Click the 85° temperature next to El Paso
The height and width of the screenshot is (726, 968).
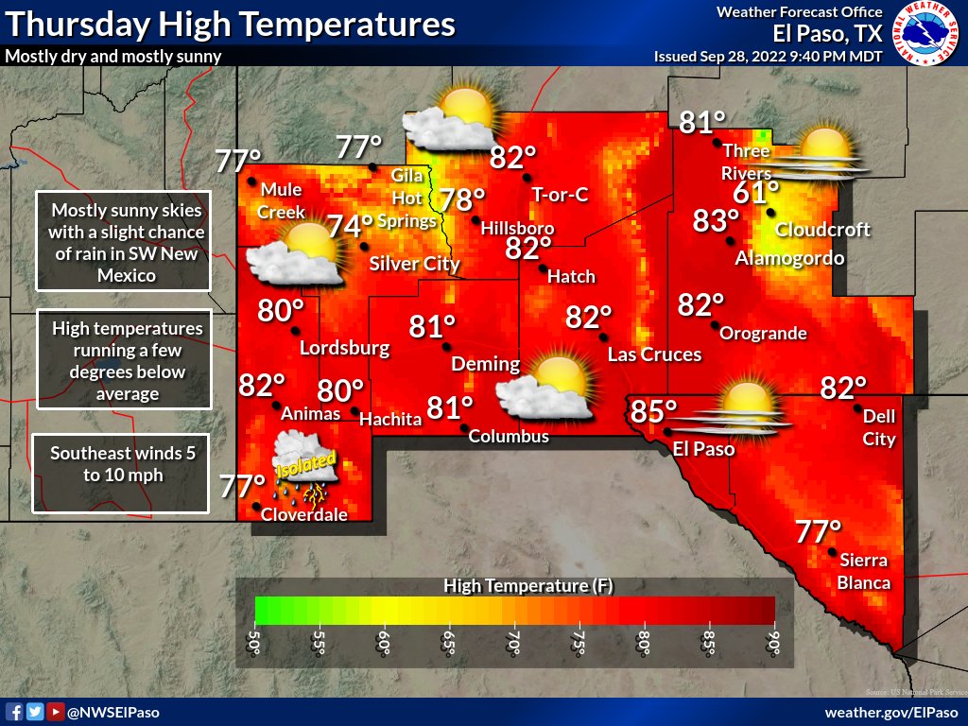click(x=654, y=412)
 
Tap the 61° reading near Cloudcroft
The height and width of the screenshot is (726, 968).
click(x=756, y=195)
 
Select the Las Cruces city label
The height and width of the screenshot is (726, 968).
click(x=654, y=354)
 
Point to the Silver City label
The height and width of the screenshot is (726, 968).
click(x=414, y=264)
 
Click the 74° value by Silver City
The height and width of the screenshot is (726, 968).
click(x=350, y=227)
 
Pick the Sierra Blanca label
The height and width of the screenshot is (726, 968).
click(x=864, y=572)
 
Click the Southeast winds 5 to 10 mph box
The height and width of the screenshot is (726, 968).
click(x=119, y=473)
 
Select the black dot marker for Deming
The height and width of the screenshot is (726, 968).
click(x=450, y=346)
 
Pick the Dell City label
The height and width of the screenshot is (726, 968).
click(x=879, y=427)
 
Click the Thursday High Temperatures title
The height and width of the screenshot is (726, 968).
click(x=229, y=24)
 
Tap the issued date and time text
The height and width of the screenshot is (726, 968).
click(x=769, y=56)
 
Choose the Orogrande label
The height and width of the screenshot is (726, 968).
click(x=763, y=333)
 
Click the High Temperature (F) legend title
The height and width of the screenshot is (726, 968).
click(x=528, y=586)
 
